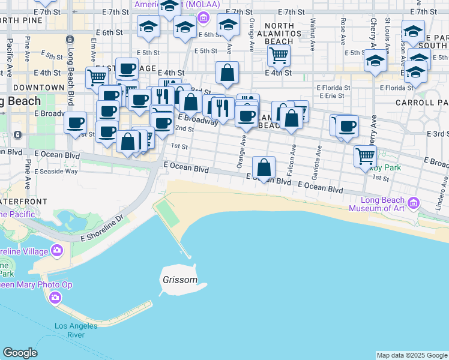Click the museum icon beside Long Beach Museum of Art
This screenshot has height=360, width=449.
point(413,205)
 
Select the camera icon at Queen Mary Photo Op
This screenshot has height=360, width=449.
point(55,297)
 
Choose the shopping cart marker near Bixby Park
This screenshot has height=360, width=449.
point(365,157)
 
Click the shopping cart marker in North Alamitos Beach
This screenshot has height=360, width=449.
point(279,56)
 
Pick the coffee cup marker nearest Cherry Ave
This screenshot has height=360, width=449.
point(348,127)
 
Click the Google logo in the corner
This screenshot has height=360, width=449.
point(20,353)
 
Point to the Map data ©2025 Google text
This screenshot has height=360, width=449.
point(412,355)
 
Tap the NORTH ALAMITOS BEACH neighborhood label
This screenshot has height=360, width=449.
point(279,34)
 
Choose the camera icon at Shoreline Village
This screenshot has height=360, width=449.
point(57,250)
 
